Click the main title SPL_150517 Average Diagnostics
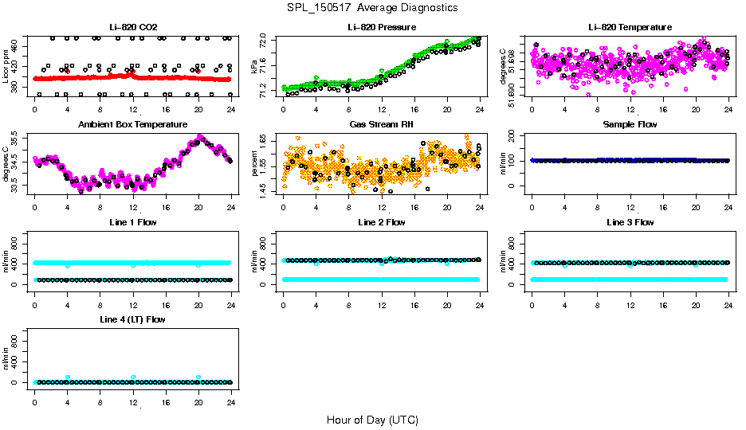[x=373, y=7]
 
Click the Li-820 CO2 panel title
[x=132, y=28]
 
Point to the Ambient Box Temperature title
[x=132, y=125]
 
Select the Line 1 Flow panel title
[x=132, y=222]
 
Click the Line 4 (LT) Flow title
[x=132, y=319]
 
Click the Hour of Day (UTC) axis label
[x=372, y=420]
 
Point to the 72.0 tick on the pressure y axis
[x=268, y=39]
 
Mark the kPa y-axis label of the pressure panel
[x=255, y=66]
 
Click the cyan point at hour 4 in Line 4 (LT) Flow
[x=68, y=377]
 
